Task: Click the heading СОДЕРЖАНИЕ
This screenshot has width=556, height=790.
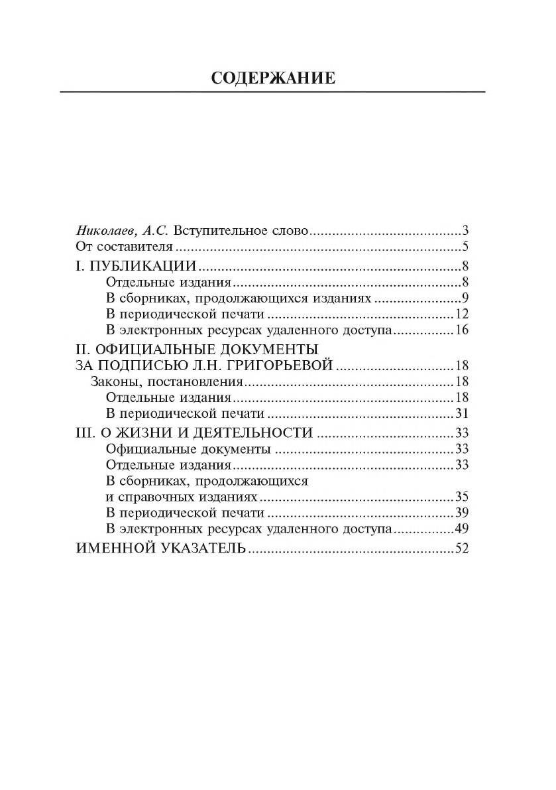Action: [272, 78]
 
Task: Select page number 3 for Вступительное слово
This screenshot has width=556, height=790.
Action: [466, 231]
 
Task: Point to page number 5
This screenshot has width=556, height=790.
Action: [466, 248]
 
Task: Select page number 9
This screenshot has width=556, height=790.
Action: [466, 298]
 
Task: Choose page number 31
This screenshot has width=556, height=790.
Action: [463, 415]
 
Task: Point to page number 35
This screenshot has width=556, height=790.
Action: [463, 497]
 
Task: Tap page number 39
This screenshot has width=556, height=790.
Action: [463, 513]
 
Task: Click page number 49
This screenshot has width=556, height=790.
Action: [463, 529]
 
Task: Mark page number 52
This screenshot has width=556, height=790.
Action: [463, 549]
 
